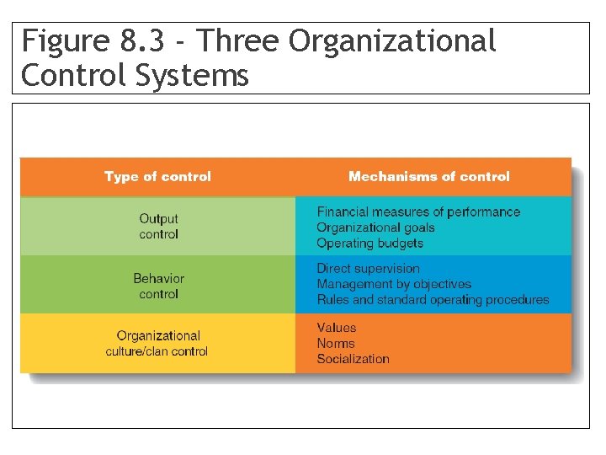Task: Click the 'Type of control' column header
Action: [157, 177]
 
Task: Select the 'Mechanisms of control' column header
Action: [428, 177]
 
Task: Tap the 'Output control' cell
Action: [158, 227]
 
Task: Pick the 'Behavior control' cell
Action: [158, 286]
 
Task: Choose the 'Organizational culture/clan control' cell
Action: [157, 343]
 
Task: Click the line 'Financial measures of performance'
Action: [418, 211]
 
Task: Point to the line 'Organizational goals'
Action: [375, 227]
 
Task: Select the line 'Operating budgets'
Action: [369, 244]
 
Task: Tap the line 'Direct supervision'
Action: [368, 269]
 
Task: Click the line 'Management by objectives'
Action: [394, 284]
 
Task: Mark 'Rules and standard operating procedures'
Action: [433, 300]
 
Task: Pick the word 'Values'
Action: [337, 328]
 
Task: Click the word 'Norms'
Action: [336, 343]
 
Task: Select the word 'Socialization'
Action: [353, 359]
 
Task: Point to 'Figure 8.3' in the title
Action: [74, 41]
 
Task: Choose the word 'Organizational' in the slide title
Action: [392, 41]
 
